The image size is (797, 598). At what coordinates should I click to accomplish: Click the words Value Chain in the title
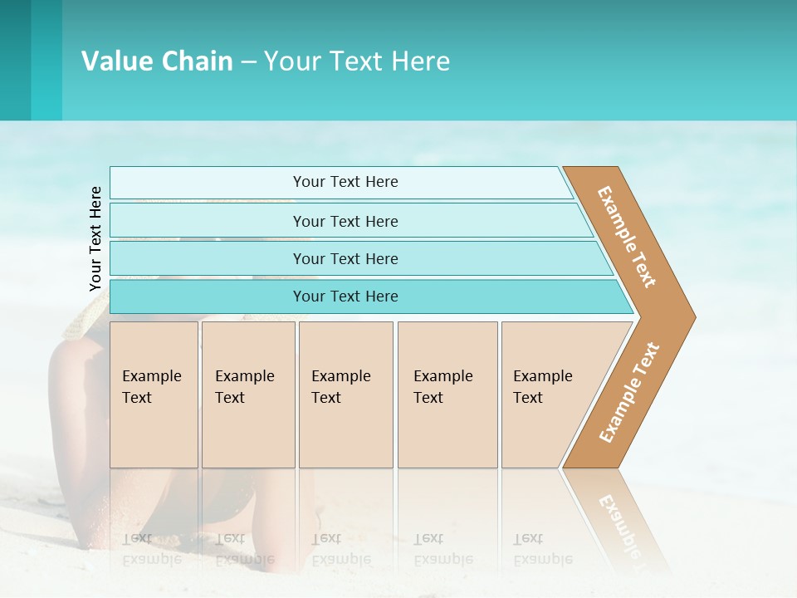coord(157,61)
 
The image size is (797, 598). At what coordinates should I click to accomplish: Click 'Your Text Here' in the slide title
coord(357,61)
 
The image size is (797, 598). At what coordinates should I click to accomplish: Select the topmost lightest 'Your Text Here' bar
coord(345,182)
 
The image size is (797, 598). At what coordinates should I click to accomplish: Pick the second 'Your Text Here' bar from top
coord(345,221)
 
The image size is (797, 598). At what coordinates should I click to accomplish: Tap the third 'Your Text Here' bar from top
coord(345,258)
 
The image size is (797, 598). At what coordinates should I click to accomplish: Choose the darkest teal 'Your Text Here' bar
coord(345,297)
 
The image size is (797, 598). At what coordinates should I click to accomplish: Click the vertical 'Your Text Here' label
coord(95,239)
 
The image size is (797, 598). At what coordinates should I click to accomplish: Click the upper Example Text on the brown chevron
coord(628,237)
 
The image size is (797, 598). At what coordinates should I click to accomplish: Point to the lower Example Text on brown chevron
coord(628,393)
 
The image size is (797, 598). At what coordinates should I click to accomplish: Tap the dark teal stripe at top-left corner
coord(15,60)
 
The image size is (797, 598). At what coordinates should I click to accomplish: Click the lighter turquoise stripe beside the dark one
coord(46,60)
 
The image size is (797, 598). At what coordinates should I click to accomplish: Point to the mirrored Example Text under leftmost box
coord(152,549)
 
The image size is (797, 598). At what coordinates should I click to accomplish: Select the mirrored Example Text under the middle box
coord(341,549)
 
